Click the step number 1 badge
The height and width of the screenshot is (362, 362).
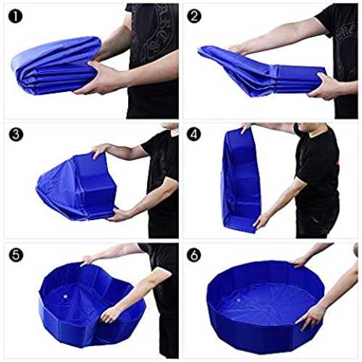pyautogui.click(x=16, y=17)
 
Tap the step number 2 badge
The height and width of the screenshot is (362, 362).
pyautogui.click(x=194, y=17)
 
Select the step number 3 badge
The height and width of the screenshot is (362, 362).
pyautogui.click(x=16, y=135)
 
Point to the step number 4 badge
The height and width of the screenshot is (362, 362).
pyautogui.click(x=194, y=135)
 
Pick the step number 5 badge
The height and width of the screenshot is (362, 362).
pyautogui.click(x=16, y=255)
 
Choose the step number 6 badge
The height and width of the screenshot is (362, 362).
pyautogui.click(x=194, y=255)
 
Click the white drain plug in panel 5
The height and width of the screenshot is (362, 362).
pyautogui.click(x=65, y=296)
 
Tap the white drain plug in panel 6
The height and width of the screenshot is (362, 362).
pyautogui.click(x=239, y=300)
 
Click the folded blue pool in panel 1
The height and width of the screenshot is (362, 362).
pyautogui.click(x=56, y=65)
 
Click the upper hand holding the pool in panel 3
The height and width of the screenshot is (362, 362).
pyautogui.click(x=99, y=150)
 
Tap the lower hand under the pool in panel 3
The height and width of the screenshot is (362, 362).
pyautogui.click(x=118, y=215)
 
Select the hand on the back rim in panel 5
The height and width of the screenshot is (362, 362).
pyautogui.click(x=88, y=260)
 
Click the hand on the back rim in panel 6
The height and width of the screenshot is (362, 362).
pyautogui.click(x=299, y=262)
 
